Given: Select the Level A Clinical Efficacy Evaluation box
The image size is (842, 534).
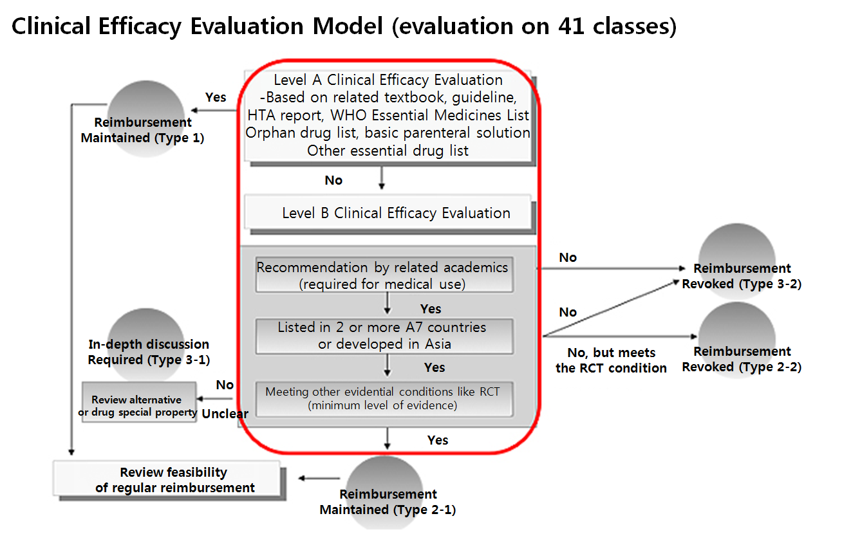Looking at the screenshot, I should point(388,115).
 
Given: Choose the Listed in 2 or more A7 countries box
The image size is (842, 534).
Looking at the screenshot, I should point(384,335).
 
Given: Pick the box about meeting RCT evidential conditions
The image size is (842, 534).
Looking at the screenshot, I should point(384,398).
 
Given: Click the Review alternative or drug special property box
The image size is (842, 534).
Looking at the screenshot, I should point(138,406).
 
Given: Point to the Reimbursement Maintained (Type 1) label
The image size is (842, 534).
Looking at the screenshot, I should point(143,129).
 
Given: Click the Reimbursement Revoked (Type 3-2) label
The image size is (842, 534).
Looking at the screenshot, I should point(742,276).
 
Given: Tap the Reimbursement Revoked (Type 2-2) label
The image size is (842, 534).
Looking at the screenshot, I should point(742,359).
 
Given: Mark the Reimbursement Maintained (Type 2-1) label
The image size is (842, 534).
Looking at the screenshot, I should point(388,502).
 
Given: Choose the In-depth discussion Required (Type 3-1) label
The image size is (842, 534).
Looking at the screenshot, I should point(149,352).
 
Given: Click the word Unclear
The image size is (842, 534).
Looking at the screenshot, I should point(225,414).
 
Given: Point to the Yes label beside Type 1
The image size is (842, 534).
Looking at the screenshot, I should point(216,97).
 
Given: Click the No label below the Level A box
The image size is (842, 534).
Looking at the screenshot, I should point(333,180).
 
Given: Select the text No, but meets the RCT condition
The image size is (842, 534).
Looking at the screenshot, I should point(611,360).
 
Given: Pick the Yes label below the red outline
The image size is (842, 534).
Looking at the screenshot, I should point(438,440).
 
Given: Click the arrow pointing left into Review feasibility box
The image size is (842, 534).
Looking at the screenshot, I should point(318,478).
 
